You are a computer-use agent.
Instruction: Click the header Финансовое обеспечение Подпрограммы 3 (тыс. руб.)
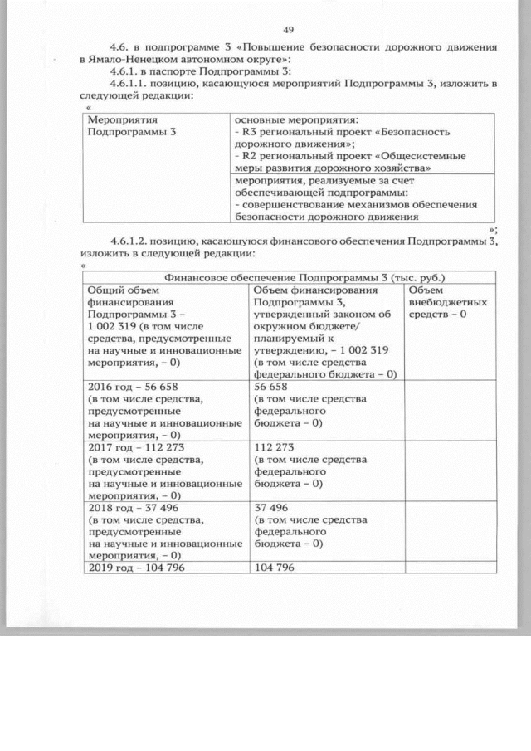293,278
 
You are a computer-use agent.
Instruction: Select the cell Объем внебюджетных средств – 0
448,302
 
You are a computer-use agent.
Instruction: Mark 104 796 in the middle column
275,567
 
